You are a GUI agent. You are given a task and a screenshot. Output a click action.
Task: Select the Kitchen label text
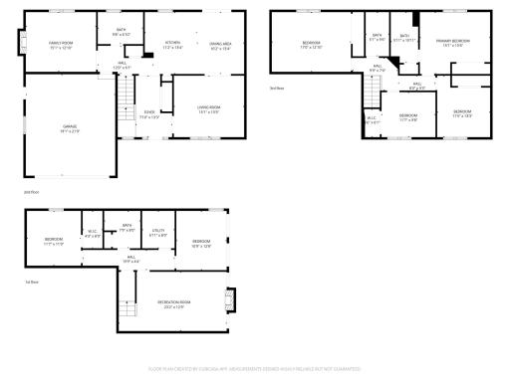coord(172,44)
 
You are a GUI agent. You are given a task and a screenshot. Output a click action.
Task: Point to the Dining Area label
coord(220,45)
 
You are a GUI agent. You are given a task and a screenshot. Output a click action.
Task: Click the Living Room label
coord(207,110)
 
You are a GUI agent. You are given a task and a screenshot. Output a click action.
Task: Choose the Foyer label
coord(150,114)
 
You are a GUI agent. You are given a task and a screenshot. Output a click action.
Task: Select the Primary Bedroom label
coord(451,42)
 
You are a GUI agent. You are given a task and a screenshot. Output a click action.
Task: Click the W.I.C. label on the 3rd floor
coord(372,120)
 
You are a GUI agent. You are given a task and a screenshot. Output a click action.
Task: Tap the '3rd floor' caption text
coord(277,89)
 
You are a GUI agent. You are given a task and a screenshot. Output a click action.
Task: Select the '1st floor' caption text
coord(29,282)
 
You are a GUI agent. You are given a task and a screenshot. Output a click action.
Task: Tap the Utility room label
coord(157,232)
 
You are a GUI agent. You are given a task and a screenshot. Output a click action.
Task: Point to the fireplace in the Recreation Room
coord(231,299)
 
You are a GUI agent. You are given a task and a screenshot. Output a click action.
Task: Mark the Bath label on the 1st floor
coord(127,228)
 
